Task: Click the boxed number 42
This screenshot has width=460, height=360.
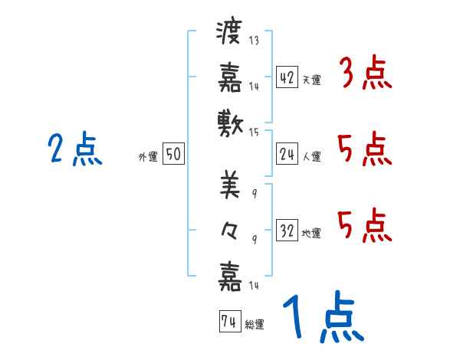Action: (287, 77)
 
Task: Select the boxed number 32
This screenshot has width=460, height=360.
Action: (287, 231)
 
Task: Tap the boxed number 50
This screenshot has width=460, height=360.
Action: (173, 155)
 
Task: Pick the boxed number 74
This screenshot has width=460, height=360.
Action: (228, 322)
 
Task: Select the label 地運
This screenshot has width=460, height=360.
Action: (311, 234)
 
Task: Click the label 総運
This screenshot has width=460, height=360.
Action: (255, 325)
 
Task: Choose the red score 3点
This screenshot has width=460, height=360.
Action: (365, 75)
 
